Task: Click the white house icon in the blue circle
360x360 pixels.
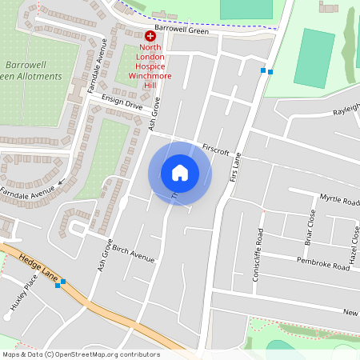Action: click(x=179, y=172)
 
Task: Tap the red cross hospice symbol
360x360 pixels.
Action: click(x=150, y=36)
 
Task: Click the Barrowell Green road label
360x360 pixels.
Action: click(x=182, y=31)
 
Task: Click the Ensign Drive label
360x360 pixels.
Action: click(x=122, y=102)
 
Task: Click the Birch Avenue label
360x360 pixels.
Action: click(x=133, y=254)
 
